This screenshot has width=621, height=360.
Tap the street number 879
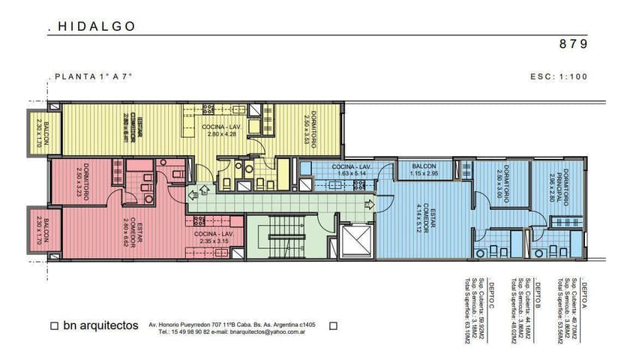point(574,43)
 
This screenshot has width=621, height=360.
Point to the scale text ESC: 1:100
point(558,76)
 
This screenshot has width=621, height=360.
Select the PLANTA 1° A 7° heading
point(93,76)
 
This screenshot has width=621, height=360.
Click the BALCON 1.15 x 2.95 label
point(424,169)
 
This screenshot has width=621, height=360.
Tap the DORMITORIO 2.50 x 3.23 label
point(83,183)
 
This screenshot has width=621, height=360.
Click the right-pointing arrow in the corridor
point(367,203)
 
